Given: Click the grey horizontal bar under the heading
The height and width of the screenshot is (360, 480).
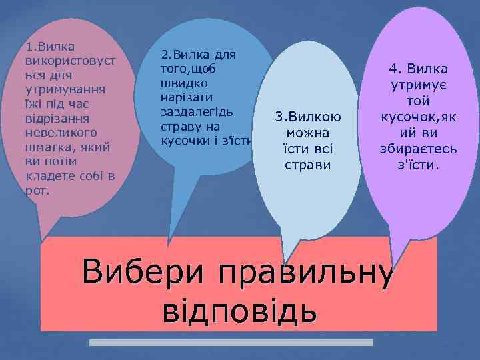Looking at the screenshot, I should pos(231,343).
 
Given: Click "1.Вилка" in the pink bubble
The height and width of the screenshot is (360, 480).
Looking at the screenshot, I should pos(48,47).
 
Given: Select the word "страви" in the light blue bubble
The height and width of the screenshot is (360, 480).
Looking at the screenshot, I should pos(304,163).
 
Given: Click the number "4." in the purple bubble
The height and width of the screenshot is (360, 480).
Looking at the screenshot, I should pos(397,69).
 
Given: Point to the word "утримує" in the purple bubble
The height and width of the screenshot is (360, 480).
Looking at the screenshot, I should pos(419,85).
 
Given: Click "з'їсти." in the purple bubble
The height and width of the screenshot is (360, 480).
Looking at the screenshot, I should pos(419,163).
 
